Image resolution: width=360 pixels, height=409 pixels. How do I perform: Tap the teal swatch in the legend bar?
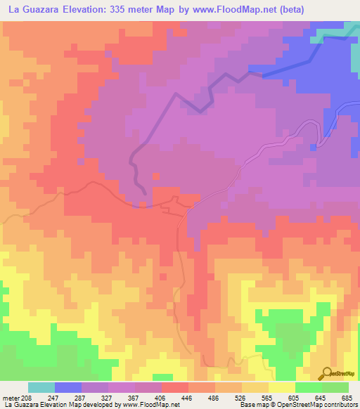pos(41,387)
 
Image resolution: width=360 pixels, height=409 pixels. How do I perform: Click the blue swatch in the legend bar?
pos(68,387)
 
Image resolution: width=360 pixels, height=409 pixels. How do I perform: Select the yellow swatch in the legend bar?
pos(282,387)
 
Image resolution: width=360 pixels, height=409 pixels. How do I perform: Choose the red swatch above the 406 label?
pos(175,387)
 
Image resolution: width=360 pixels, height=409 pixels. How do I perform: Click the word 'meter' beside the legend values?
pos(9,397)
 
